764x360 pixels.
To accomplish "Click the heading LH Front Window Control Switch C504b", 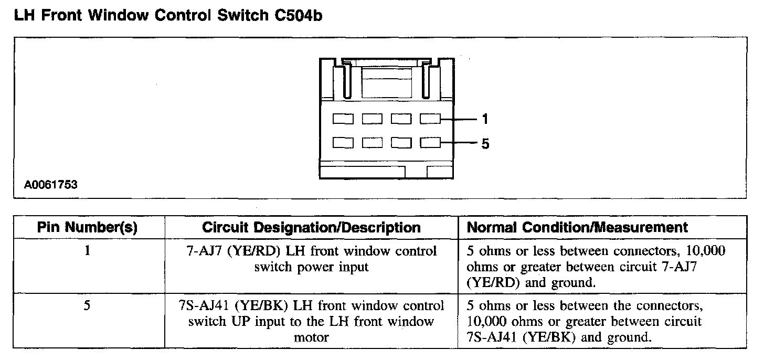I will pyautogui.click(x=167, y=16).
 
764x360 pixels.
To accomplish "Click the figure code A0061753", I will pyautogui.click(x=51, y=185).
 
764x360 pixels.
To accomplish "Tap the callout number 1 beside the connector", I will pyautogui.click(x=485, y=120).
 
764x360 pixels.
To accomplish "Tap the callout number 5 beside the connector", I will pyautogui.click(x=485, y=143).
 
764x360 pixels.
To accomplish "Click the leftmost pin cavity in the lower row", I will pyautogui.click(x=343, y=143).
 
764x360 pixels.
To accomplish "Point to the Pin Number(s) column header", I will pyautogui.click(x=87, y=228).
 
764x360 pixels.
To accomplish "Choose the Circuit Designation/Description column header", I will pyautogui.click(x=311, y=228).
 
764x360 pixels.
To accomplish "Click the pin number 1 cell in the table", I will pyautogui.click(x=87, y=251).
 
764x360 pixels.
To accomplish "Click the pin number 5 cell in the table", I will pyautogui.click(x=87, y=305).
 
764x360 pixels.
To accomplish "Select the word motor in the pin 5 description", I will pyautogui.click(x=311, y=337).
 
